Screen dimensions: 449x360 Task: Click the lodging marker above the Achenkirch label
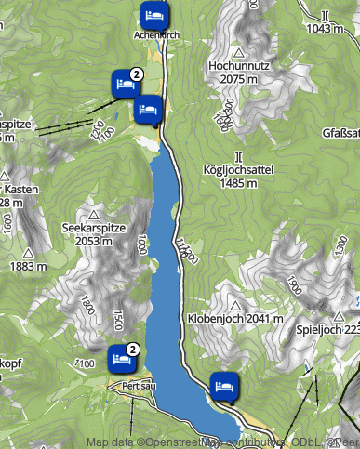pos(154,16)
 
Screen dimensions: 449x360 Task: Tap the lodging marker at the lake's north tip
pos(150,110)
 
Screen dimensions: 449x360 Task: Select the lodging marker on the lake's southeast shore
pos(223,384)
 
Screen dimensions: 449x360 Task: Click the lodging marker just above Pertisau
pos(120,357)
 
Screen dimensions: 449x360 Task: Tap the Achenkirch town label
pos(156,34)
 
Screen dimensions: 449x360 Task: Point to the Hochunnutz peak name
pos(240,67)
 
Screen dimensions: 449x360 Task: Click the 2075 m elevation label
pos(240,80)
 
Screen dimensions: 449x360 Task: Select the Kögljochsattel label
pos(239,170)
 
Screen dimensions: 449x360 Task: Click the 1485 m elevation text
pos(239,183)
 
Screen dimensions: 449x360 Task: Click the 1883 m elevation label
pos(28,266)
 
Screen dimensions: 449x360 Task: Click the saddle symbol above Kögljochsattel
pos(239,155)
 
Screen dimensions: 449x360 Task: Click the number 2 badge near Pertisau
pos(133,350)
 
